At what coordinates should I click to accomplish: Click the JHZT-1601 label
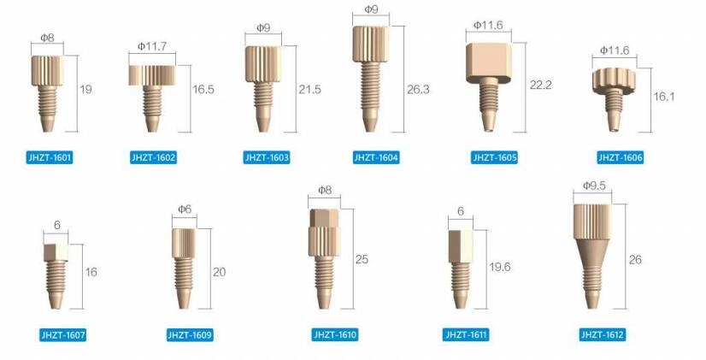click(50, 157)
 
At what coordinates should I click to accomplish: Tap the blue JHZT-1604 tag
click(376, 157)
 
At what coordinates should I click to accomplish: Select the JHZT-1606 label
click(620, 157)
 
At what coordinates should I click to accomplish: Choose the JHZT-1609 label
click(190, 334)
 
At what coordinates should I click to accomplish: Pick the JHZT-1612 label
click(602, 334)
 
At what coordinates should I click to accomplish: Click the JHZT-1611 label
click(466, 334)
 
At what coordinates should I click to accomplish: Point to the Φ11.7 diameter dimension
click(152, 46)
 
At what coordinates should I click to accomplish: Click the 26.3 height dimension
click(418, 89)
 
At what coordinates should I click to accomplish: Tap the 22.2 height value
click(541, 85)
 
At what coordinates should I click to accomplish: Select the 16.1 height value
click(663, 97)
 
